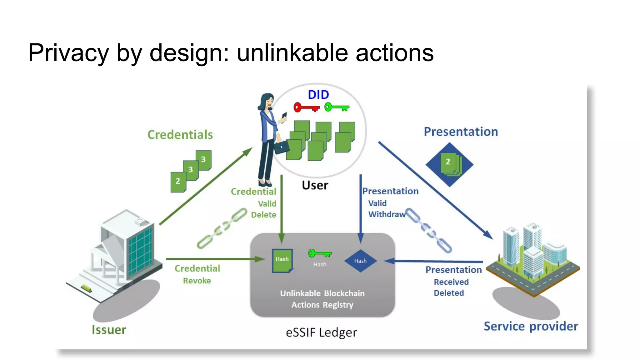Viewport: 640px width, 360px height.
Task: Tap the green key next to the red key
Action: pyautogui.click(x=337, y=107)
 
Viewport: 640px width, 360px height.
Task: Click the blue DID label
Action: pyautogui.click(x=318, y=95)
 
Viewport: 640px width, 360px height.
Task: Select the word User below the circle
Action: pyautogui.click(x=315, y=185)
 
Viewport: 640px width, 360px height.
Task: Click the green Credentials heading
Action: pyautogui.click(x=180, y=135)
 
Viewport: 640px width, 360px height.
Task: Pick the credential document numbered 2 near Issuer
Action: pyautogui.click(x=178, y=182)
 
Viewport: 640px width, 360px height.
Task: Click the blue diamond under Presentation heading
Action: pyautogui.click(x=449, y=164)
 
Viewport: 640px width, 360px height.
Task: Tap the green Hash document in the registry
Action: pyautogui.click(x=282, y=260)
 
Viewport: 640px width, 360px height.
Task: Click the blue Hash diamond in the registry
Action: pyautogui.click(x=360, y=261)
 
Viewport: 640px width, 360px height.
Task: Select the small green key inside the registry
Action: pyautogui.click(x=319, y=253)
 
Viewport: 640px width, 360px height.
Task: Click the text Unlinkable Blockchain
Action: pyautogui.click(x=322, y=293)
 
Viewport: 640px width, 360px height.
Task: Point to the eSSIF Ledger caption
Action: pyautogui.click(x=321, y=332)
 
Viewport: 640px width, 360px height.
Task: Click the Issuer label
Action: pyautogui.click(x=109, y=330)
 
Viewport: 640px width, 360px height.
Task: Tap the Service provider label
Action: pyautogui.click(x=531, y=326)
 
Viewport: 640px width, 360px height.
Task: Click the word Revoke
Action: pyautogui.click(x=197, y=281)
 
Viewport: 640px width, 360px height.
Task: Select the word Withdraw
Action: pyautogui.click(x=387, y=214)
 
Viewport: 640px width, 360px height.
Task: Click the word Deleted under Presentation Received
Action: pyautogui.click(x=448, y=293)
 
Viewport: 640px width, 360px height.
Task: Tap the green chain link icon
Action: pyautogui.click(x=222, y=228)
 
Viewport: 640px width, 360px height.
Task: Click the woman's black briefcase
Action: pyautogui.click(x=282, y=147)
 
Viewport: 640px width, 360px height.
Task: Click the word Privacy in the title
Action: pyautogui.click(x=68, y=52)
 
